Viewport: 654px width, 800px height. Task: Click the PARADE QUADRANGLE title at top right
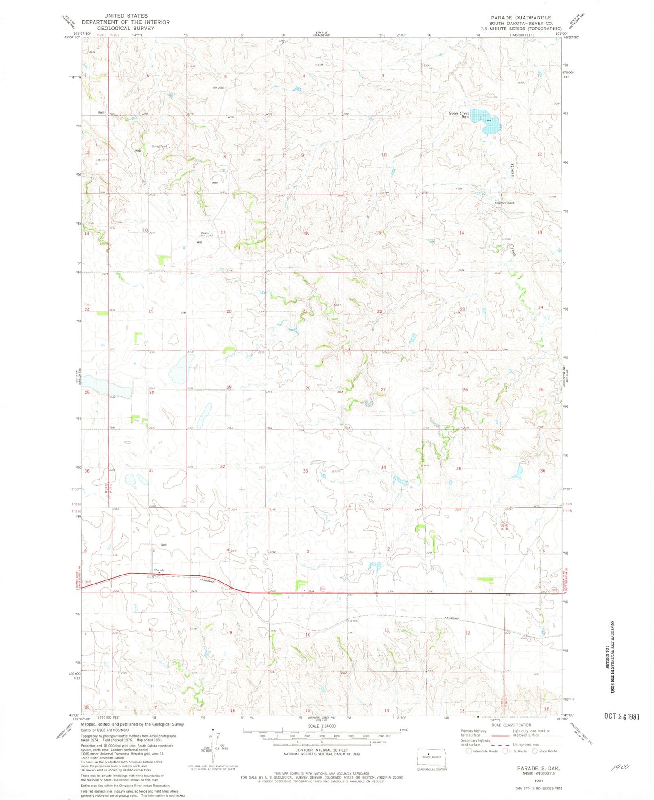tap(520, 18)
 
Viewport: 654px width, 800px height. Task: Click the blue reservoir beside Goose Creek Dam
tap(487, 121)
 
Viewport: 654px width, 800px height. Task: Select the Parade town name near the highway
tap(159, 570)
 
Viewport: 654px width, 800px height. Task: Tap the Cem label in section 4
tap(234, 551)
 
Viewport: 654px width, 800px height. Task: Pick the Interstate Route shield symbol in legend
tap(468, 751)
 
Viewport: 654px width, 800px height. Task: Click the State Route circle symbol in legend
tap(535, 751)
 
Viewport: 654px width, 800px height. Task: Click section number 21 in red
tap(305, 311)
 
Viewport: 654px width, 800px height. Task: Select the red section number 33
tap(306, 471)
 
